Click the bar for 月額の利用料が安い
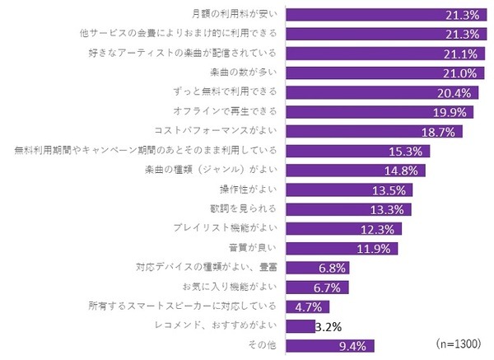click(x=383, y=14)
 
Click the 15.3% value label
click(x=410, y=151)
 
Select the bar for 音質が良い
click(x=342, y=248)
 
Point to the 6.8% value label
click(x=332, y=268)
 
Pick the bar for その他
click(x=329, y=345)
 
